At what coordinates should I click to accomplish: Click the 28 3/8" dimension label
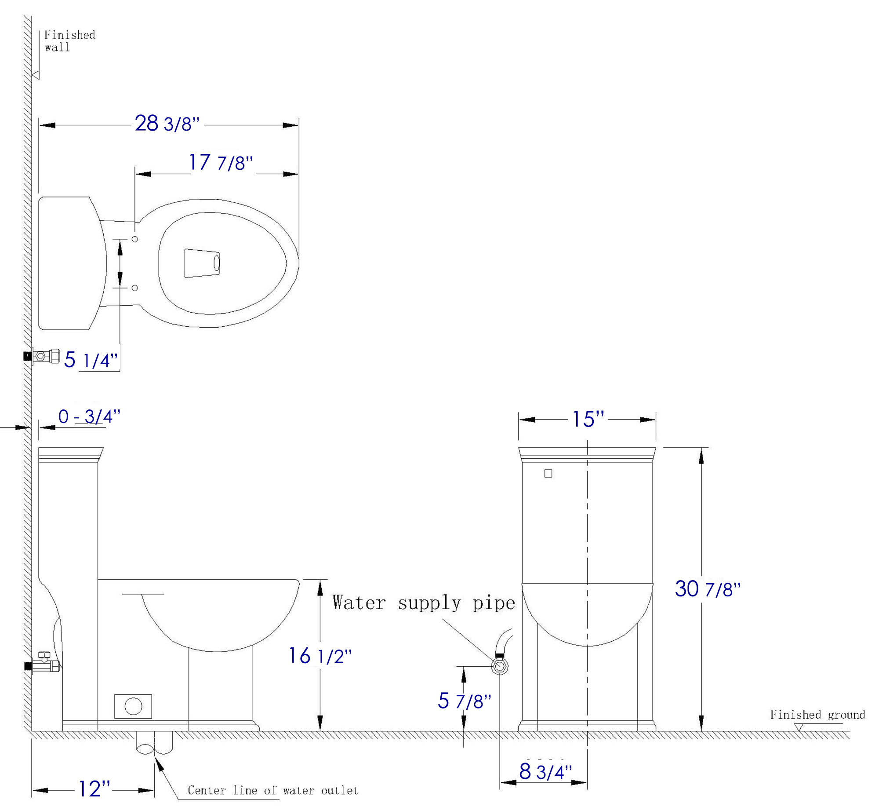pos(167,123)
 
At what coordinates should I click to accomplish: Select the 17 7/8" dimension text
pos(221,162)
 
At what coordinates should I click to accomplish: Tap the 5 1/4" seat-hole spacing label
pos(91,360)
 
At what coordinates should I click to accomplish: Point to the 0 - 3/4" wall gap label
pos(89,416)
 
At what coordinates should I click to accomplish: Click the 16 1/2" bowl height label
pos(320,656)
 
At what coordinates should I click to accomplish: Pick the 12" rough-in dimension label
pos(94,789)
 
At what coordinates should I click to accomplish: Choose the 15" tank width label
pos(588,419)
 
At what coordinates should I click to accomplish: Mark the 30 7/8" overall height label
pos(708,589)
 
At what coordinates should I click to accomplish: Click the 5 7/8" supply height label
pos(464,701)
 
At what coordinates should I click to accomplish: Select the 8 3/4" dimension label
pos(545,771)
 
